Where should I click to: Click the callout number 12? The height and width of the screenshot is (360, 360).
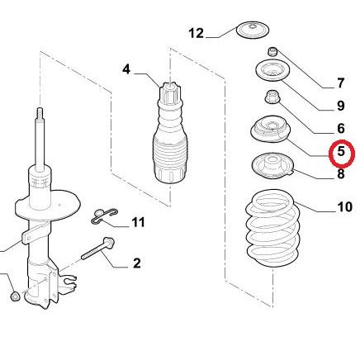(197, 34)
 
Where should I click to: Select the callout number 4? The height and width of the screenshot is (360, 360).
(126, 69)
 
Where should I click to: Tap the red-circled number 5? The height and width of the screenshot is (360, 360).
(341, 151)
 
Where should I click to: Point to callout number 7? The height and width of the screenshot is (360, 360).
(341, 83)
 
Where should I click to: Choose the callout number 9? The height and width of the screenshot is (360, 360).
(341, 106)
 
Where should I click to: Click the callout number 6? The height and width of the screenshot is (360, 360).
(341, 128)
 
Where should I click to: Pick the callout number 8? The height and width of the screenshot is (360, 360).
(341, 174)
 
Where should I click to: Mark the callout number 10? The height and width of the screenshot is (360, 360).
(344, 207)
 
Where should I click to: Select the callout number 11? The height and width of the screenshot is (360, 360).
(138, 222)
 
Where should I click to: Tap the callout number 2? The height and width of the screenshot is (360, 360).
(137, 263)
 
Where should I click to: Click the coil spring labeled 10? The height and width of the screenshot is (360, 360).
(272, 229)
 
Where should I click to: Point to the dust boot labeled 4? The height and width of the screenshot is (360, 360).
(170, 132)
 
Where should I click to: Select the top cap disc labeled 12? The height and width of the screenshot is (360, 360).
(253, 30)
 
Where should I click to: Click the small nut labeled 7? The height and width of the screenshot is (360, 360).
(272, 51)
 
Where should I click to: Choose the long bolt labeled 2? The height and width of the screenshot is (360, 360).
(98, 249)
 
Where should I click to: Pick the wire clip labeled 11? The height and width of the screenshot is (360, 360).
(104, 216)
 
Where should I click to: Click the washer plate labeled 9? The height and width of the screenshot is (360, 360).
(272, 70)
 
